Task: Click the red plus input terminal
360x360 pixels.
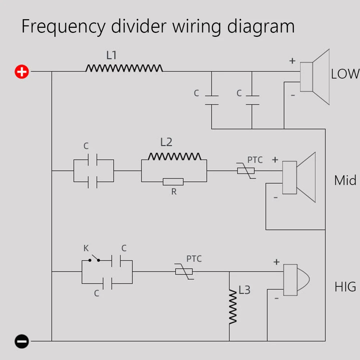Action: click(22, 71)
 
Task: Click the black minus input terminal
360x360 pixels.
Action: click(22, 341)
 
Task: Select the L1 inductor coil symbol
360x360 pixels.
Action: click(124, 68)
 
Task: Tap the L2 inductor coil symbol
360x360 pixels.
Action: click(174, 156)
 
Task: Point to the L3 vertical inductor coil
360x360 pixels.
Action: click(233, 307)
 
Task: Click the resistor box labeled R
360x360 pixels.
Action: click(173, 182)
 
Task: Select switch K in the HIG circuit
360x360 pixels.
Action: click(94, 258)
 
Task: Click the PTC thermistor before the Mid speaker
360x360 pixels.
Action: click(246, 171)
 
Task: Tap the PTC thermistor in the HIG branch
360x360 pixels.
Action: click(184, 272)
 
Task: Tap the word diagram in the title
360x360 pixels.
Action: click(261, 27)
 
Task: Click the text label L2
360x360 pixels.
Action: click(166, 142)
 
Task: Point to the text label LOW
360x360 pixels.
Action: click(345, 74)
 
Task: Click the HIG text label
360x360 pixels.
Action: click(345, 287)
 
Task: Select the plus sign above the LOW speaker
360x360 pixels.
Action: click(292, 61)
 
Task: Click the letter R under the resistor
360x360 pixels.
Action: click(174, 192)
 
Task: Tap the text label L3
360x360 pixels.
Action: click(244, 290)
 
